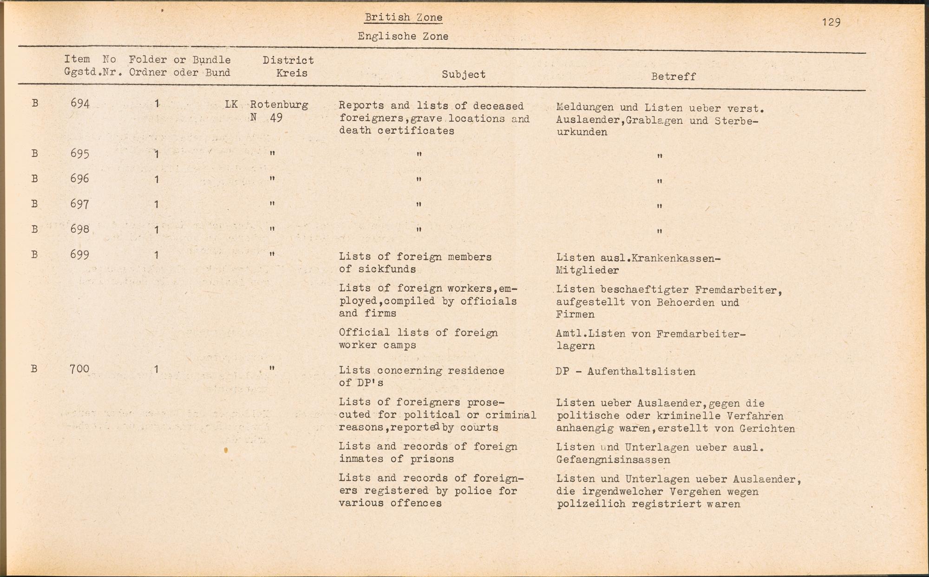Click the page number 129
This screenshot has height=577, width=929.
[831, 22]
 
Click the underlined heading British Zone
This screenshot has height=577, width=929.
[403, 18]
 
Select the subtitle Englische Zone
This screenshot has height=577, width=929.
[403, 36]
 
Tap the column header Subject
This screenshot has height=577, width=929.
[463, 74]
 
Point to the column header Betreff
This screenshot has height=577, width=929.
[673, 77]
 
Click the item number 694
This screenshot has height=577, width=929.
[80, 103]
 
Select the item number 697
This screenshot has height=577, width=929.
[80, 204]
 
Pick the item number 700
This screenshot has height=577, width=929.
[79, 369]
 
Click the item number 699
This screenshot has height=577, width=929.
[80, 255]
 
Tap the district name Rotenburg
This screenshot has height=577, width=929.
[279, 105]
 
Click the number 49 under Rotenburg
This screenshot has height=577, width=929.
[276, 118]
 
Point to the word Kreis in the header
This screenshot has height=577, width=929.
[292, 73]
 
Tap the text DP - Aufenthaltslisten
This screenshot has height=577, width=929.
[625, 371]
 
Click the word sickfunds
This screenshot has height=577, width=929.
[384, 269]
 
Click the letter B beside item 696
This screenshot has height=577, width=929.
[34, 179]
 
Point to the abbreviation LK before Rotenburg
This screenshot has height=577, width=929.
[231, 105]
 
